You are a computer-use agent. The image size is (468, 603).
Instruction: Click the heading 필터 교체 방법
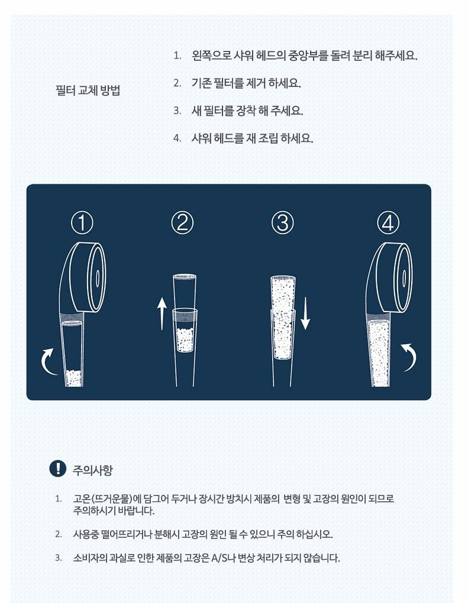pos(88,90)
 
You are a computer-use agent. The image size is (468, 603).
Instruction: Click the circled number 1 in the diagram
pos(82,223)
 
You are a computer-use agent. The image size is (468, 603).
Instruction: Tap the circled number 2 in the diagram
pos(182,223)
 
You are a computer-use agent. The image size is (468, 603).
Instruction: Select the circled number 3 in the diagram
pos(283,223)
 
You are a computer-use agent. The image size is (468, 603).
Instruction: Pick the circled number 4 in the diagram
pos(388,223)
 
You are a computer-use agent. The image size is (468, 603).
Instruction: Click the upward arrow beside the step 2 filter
pos(162,313)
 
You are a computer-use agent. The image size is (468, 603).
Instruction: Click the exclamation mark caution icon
pos(58,468)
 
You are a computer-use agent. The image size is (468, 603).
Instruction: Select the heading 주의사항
pos(93,470)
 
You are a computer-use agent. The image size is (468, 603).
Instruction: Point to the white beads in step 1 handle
pos(73,378)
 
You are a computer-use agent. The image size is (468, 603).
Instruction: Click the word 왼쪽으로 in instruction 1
pos(211,56)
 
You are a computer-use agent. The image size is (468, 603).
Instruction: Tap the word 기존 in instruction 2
pos(201,83)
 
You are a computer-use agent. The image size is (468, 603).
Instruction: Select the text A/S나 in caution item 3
pos(223,557)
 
